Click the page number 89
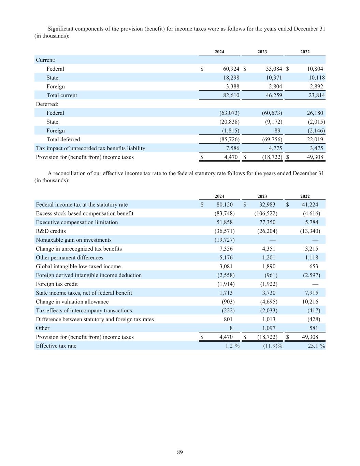click(x=180, y=452)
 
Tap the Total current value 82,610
click(x=231, y=96)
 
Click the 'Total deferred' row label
click(x=63, y=140)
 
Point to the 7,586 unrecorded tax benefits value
click(x=232, y=149)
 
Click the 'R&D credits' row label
click(x=51, y=231)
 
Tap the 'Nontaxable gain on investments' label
click(x=74, y=240)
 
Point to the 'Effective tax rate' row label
click(x=56, y=346)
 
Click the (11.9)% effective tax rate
click(x=270, y=346)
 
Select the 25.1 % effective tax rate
click(x=313, y=346)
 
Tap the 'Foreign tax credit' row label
click(x=57, y=284)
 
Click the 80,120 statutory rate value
click(x=225, y=205)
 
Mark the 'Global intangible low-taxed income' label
click(x=78, y=266)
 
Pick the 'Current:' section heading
click(x=46, y=60)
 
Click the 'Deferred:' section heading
click(x=47, y=104)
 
